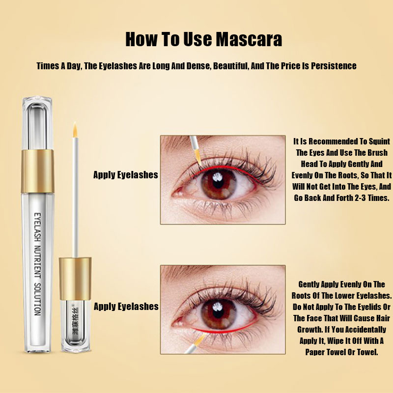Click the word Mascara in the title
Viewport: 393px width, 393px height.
249,39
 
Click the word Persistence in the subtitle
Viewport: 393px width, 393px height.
334,66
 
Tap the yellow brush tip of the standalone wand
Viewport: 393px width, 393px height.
75,130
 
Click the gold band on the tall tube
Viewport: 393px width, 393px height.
38,171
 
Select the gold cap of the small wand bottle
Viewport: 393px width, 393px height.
75,279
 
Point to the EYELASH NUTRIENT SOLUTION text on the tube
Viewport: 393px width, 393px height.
38,264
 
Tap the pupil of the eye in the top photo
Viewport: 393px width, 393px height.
218,183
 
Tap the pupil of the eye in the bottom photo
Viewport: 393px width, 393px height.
218,313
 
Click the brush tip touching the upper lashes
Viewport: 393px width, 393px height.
198,156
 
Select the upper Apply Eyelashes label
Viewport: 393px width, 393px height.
126,175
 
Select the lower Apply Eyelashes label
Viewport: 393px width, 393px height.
126,307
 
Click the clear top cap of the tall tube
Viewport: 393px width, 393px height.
38,123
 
